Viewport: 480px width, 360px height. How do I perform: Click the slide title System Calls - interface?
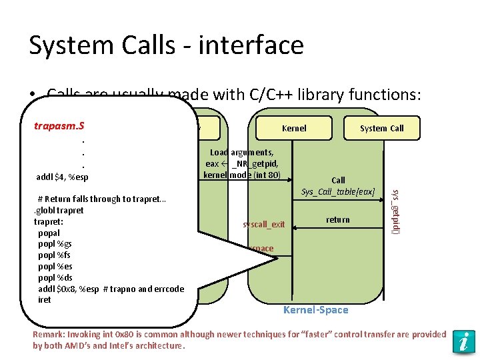tap(166, 45)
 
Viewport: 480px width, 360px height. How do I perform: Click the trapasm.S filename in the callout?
tap(63, 125)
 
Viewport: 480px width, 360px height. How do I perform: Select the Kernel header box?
tap(294, 128)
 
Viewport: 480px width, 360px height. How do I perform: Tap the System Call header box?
tap(381, 128)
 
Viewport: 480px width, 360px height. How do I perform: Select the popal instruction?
tap(49, 233)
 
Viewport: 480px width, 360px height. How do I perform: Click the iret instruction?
tap(45, 300)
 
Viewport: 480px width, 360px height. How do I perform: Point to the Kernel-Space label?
tap(315, 310)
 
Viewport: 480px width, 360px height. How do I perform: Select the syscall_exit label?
tap(264, 224)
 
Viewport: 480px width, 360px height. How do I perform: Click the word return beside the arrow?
tap(337, 219)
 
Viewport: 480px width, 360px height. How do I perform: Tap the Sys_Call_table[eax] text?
tap(338, 192)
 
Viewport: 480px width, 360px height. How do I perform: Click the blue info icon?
tap(462, 341)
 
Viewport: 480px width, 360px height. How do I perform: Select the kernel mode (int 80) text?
tap(242, 175)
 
